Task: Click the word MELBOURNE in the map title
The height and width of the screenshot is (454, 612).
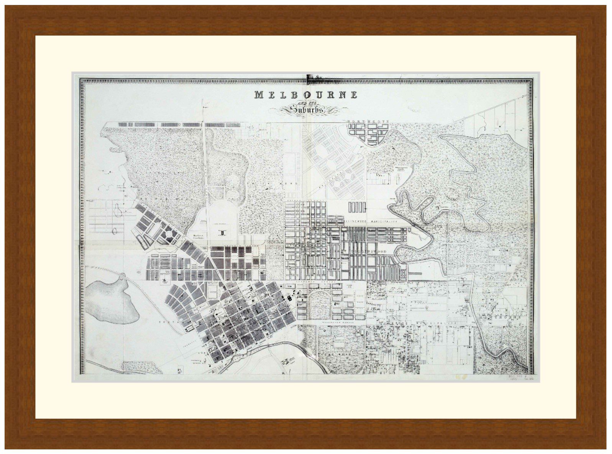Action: [x=305, y=94]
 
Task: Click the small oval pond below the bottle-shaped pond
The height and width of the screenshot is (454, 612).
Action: [x=115, y=230]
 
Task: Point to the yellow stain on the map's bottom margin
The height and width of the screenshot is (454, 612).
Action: [x=460, y=377]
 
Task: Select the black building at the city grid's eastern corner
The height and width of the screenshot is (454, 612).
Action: [x=288, y=297]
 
